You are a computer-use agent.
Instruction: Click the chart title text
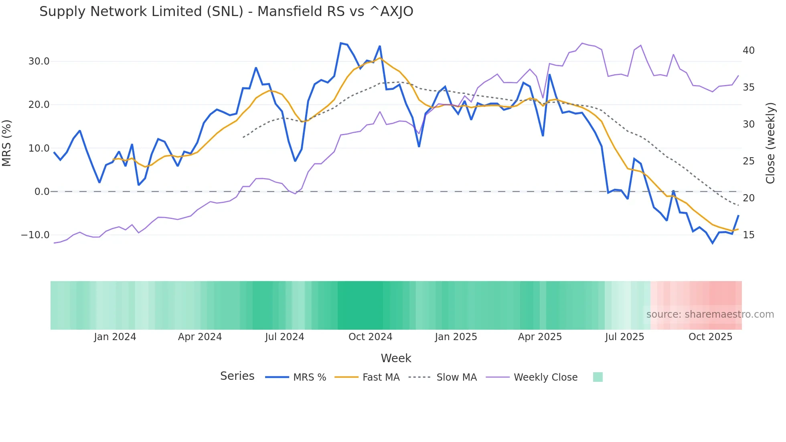tap(226, 12)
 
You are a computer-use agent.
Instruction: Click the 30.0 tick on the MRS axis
tap(39, 61)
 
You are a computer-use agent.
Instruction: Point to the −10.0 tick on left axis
tap(35, 235)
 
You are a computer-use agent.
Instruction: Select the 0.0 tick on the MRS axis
tap(42, 192)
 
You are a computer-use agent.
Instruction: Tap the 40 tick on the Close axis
tap(748, 51)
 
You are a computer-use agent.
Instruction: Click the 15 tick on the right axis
tap(748, 235)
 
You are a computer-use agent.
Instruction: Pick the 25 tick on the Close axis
tap(748, 161)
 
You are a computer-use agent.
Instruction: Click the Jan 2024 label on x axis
tap(115, 337)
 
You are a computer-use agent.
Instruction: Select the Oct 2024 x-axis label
tap(370, 337)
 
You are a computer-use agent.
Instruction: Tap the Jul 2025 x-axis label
tap(624, 337)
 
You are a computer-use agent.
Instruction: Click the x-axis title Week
tap(396, 358)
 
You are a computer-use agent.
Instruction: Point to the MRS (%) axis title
tap(7, 143)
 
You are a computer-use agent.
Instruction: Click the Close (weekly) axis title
tap(770, 143)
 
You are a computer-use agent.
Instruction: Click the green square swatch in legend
tap(598, 377)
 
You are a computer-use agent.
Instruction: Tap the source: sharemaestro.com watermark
tap(710, 314)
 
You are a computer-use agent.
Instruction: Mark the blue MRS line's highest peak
tap(341, 43)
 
